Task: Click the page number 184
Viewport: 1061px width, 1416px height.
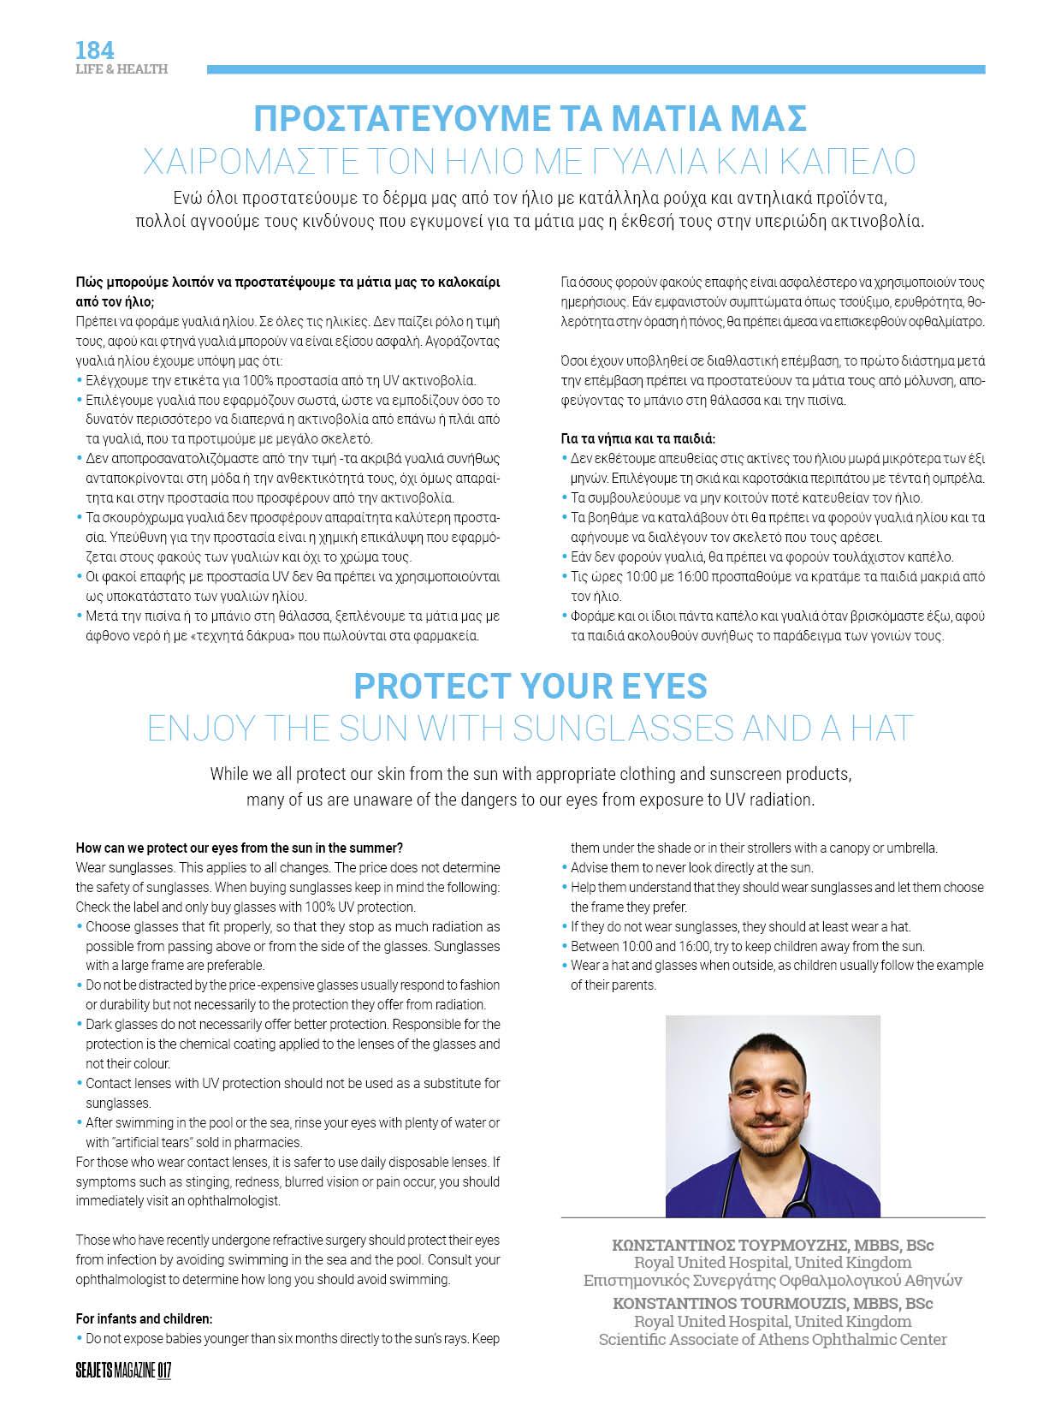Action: pyautogui.click(x=94, y=50)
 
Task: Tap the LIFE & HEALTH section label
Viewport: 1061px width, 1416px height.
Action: pyautogui.click(x=121, y=69)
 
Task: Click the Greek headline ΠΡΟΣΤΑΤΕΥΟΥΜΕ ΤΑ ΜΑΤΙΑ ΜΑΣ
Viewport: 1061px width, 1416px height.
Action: pyautogui.click(x=531, y=118)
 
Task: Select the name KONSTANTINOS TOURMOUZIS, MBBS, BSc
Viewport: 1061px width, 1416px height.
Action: pyautogui.click(x=773, y=1304)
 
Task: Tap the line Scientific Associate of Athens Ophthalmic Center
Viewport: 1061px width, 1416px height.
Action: pyautogui.click(x=773, y=1340)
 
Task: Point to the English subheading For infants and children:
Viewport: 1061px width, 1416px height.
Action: pyautogui.click(x=144, y=1318)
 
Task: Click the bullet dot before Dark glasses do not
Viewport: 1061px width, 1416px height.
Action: pyautogui.click(x=80, y=1025)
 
